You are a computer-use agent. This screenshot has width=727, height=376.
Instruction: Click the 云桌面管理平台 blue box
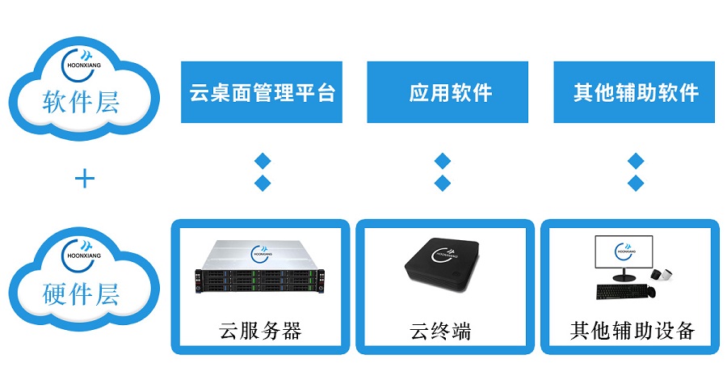pos(262,92)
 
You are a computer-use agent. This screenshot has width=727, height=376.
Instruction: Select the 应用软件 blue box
pos(448,92)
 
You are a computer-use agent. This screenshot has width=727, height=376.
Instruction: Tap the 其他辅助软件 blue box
pos(634,92)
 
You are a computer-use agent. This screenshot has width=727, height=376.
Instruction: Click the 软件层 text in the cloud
pos(81,101)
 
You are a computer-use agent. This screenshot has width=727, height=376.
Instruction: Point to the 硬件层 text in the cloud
pos(81,293)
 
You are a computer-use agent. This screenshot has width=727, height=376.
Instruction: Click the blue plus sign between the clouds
pos(84,179)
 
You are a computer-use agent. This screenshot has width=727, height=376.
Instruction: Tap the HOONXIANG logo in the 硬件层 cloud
pos(82,256)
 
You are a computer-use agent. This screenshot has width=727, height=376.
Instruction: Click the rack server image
pos(258,267)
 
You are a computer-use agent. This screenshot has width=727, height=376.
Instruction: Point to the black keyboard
pos(622,292)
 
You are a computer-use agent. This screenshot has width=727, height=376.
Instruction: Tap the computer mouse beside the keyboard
pos(651,292)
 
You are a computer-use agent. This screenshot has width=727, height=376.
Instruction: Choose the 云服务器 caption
pos(261,332)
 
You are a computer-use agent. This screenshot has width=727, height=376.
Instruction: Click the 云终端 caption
pos(440,332)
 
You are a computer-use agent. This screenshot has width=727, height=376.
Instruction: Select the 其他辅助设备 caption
pos(632,331)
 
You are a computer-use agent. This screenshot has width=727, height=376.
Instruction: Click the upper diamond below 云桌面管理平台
pos(263,161)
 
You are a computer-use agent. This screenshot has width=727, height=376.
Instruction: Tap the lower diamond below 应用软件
pos(443,183)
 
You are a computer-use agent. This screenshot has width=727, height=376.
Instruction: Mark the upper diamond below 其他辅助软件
pos(636,161)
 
